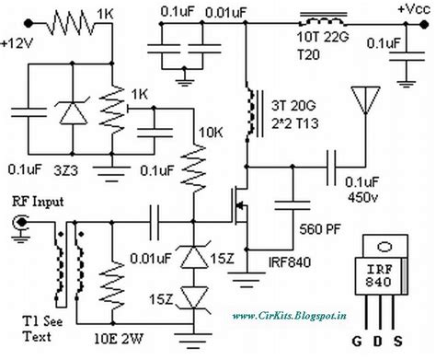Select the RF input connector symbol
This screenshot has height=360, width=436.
[x=20, y=223]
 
